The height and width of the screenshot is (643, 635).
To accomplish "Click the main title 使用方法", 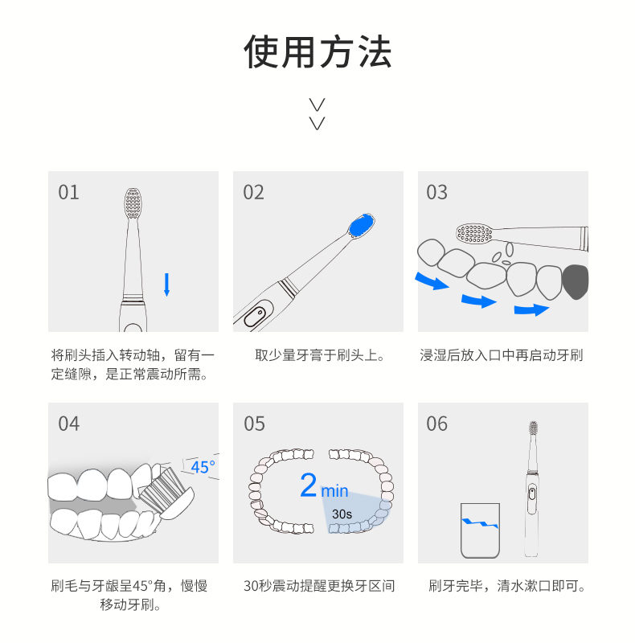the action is click(x=317, y=51).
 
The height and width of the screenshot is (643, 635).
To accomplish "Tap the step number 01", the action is click(x=68, y=192).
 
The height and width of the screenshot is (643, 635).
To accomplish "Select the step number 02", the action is click(x=253, y=192).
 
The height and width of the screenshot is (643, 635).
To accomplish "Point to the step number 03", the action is click(x=436, y=192).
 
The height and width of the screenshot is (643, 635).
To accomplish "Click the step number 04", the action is click(x=68, y=424).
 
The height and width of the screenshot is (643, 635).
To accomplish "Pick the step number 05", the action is click(x=254, y=424).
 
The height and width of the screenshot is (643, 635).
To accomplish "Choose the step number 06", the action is click(x=436, y=424).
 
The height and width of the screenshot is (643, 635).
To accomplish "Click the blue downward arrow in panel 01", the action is click(x=166, y=285).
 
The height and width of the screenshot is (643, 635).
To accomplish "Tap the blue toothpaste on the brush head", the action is click(x=361, y=226).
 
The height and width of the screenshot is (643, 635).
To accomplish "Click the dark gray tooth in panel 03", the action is click(x=575, y=282).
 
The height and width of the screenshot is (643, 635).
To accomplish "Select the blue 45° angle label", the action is click(x=203, y=467).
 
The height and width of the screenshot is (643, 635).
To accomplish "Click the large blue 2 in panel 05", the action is click(x=309, y=485).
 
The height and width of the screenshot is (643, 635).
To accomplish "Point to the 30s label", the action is click(x=342, y=514).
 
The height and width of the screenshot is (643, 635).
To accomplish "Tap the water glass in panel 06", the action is click(x=480, y=530).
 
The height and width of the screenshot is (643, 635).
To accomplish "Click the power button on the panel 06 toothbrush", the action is click(x=532, y=494).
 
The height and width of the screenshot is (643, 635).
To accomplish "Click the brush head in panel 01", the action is click(x=133, y=203).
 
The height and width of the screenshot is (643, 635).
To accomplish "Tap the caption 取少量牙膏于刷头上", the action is click(x=320, y=355).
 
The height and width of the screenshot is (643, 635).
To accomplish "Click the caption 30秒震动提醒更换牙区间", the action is click(x=319, y=586).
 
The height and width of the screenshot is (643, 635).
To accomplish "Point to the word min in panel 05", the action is click(x=334, y=491).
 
